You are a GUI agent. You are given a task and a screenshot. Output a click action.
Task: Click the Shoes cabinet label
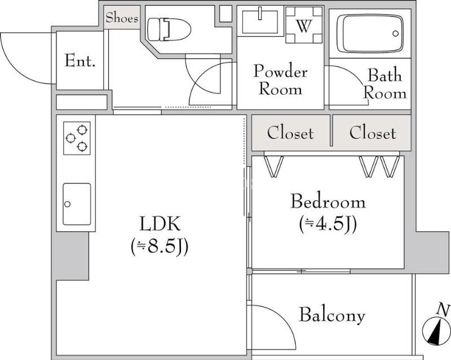click(x=122, y=18)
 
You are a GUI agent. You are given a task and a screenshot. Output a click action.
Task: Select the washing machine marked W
click(x=304, y=25)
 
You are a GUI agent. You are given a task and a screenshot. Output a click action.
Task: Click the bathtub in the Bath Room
click(x=370, y=33)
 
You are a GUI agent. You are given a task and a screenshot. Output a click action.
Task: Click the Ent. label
click(x=79, y=60)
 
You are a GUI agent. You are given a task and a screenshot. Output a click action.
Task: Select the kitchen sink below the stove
click(x=77, y=204)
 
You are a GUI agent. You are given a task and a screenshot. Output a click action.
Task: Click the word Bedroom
click(x=328, y=201)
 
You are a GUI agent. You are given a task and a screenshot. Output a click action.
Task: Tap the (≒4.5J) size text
click(x=328, y=224)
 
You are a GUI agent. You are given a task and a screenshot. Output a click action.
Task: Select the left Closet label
click(x=290, y=134)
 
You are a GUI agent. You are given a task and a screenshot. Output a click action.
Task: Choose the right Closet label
click(x=372, y=134)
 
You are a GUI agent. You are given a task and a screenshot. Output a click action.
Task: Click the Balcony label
click(x=332, y=315)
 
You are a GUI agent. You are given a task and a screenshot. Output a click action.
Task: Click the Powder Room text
click(x=280, y=80)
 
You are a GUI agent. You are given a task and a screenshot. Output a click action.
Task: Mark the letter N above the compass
click(x=444, y=309)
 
